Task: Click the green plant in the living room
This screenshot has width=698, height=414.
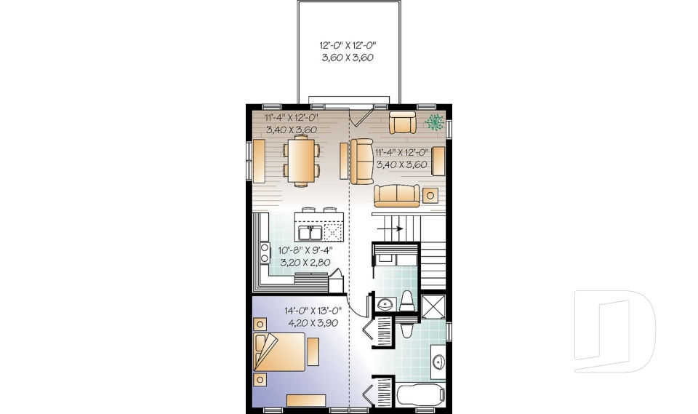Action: pos(434,122)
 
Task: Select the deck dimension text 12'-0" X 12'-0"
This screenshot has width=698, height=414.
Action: pos(348,44)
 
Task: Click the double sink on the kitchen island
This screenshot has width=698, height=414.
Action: pos(313,232)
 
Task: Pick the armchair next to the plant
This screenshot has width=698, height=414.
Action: pos(402,122)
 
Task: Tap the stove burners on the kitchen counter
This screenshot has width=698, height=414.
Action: pos(265,252)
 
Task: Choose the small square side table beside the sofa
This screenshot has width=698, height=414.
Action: pos(430,195)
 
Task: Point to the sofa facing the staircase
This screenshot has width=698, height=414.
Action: pos(396,194)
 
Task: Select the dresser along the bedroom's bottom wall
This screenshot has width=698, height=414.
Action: pos(306,399)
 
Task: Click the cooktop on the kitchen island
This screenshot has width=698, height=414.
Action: pos(332,232)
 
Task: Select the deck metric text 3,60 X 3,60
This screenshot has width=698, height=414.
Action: pos(348,57)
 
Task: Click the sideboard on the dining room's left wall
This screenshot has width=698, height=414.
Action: pos(258,160)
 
